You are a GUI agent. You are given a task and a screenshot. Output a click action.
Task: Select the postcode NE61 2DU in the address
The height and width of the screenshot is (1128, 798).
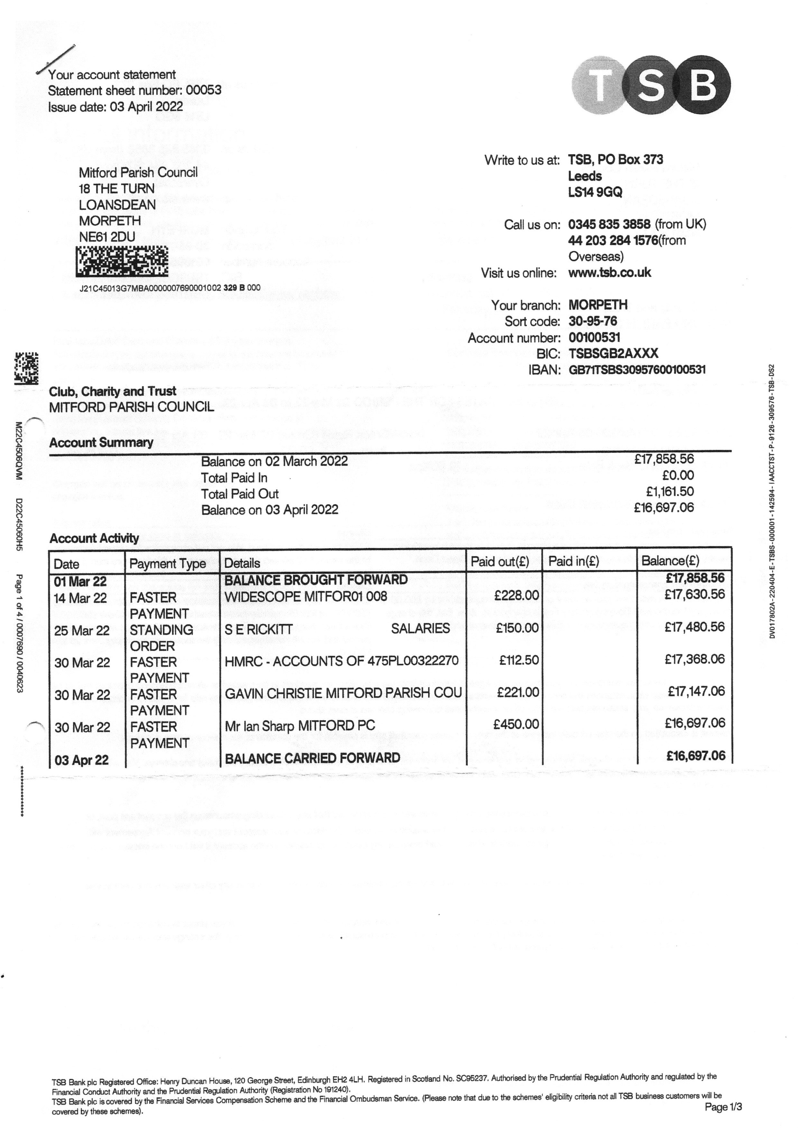coord(107,237)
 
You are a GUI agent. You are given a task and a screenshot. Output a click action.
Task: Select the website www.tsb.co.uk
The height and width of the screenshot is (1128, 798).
coord(609,273)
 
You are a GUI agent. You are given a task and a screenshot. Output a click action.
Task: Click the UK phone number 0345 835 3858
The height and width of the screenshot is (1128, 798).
coord(609,225)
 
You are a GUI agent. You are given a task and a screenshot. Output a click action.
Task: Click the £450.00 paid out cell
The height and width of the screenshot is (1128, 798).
coord(516,724)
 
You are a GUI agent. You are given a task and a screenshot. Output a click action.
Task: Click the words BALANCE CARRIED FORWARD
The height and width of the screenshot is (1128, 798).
coord(313,758)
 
